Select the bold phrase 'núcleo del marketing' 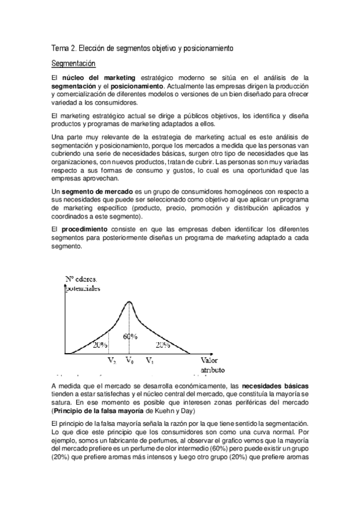coord(94,78)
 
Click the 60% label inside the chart coord(131,337)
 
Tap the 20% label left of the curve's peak coord(100,346)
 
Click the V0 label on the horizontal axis coord(130,361)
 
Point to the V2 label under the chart coord(112,361)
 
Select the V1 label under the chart coord(149,361)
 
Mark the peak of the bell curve coord(129,301)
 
